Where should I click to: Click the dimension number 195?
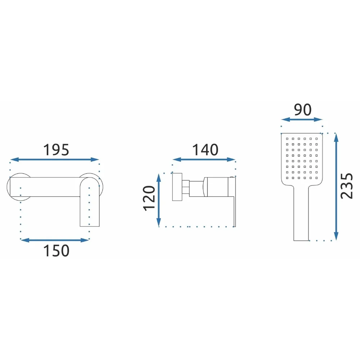(x=56, y=150)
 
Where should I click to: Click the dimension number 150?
(x=56, y=251)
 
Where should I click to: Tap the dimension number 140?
(x=205, y=150)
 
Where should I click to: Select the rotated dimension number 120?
(x=149, y=198)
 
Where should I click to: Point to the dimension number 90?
(x=303, y=109)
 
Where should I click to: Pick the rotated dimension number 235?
(x=346, y=186)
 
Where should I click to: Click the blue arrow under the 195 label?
(x=55, y=159)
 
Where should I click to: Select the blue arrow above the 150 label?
(x=55, y=240)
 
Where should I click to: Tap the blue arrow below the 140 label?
(x=204, y=159)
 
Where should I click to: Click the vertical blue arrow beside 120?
(x=159, y=200)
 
